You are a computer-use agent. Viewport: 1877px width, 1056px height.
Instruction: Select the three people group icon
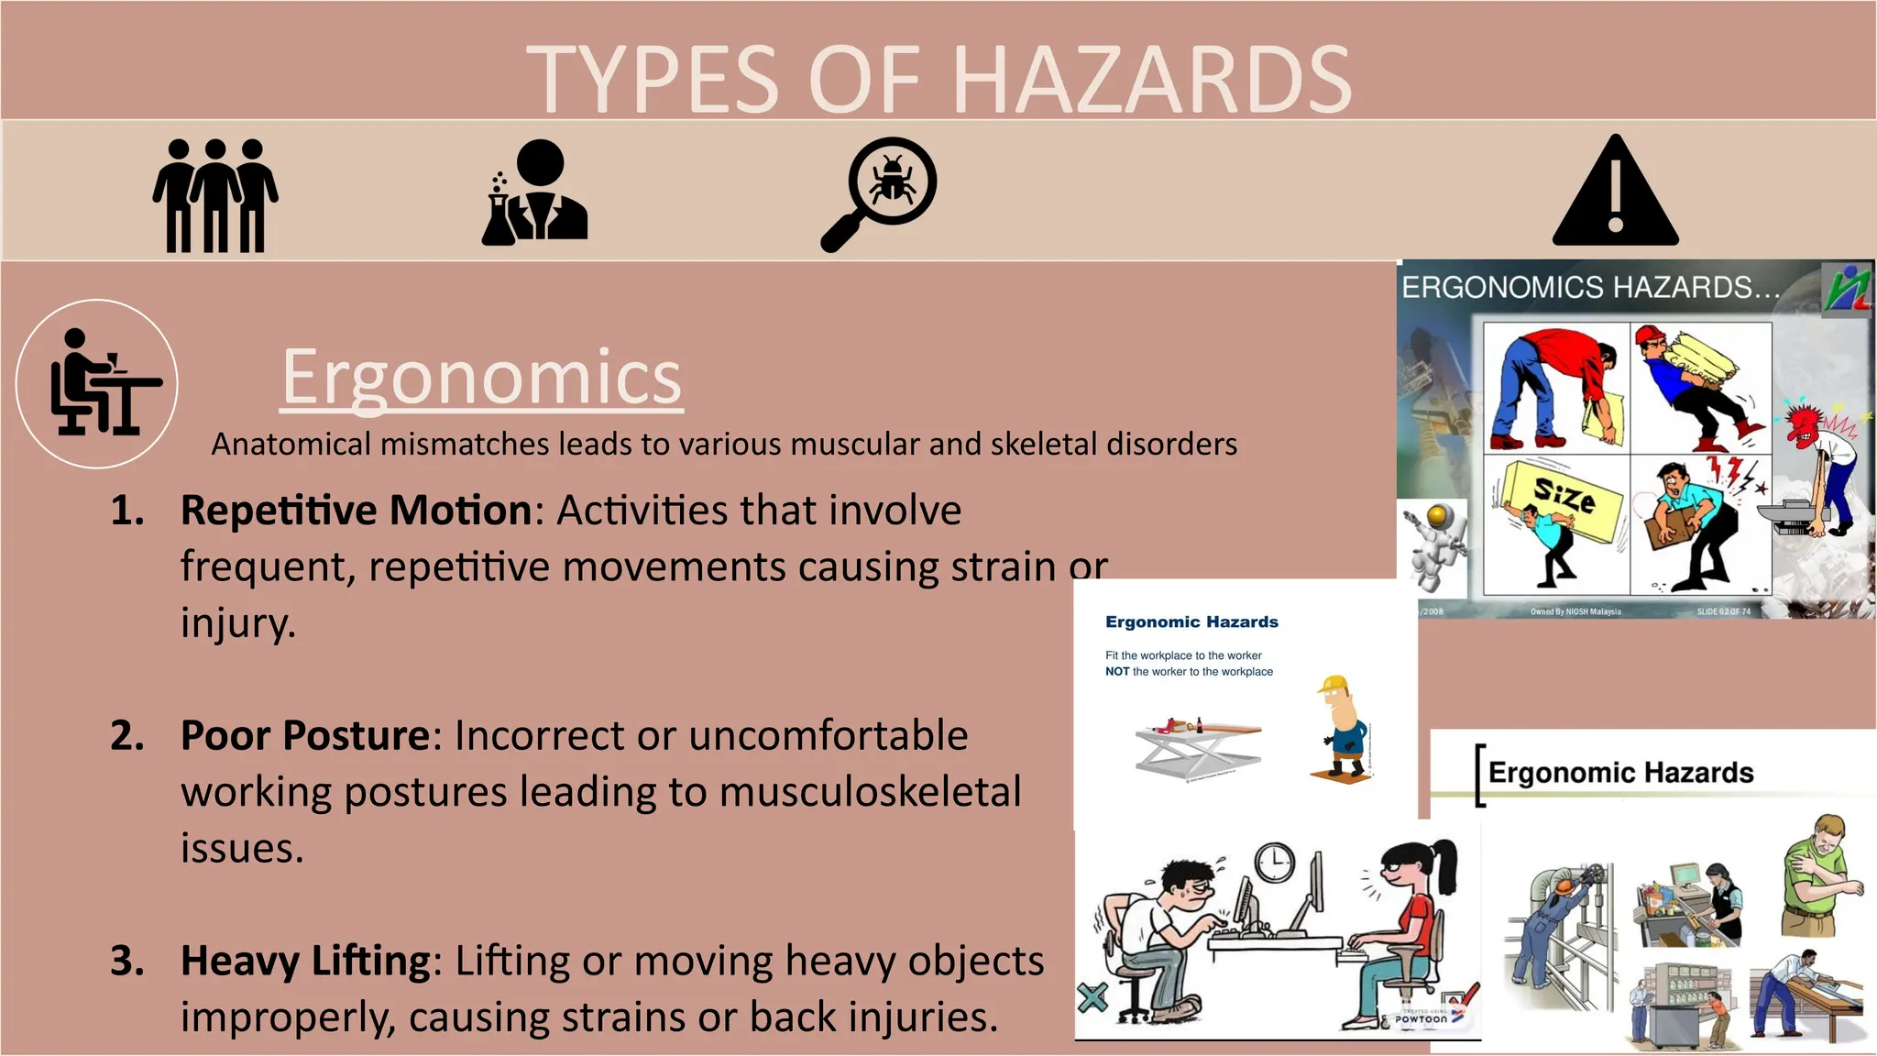[215, 195]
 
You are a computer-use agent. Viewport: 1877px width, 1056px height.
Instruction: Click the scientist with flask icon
[535, 192]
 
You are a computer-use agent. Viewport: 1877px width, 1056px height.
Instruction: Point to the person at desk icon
[97, 383]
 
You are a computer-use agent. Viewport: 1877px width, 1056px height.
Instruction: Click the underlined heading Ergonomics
[481, 377]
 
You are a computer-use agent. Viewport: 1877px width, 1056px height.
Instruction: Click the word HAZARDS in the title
[1152, 81]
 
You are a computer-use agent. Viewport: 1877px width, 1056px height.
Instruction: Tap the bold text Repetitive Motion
[356, 511]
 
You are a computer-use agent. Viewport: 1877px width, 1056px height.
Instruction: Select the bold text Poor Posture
[304, 735]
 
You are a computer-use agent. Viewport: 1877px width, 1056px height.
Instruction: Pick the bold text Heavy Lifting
[305, 961]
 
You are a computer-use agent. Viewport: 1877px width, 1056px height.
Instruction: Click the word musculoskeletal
[870, 792]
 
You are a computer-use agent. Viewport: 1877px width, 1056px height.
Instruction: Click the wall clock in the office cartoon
[1275, 863]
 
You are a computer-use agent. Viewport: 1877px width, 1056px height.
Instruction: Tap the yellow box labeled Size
[1565, 499]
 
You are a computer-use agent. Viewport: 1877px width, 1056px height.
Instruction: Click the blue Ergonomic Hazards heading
[1191, 621]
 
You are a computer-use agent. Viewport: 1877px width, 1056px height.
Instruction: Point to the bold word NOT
[1116, 672]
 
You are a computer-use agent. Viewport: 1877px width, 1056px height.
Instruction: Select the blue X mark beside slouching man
[1092, 996]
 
